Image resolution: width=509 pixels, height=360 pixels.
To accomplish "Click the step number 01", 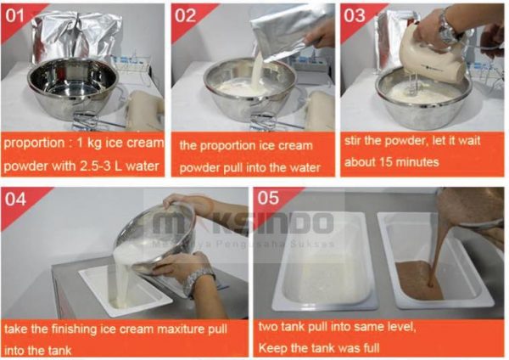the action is pos(14,15).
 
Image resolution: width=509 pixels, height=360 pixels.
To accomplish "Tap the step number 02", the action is pos(185,15).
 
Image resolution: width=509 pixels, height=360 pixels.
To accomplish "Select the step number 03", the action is pos(355,15).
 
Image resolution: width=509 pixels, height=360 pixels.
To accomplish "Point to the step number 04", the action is pos(15,199).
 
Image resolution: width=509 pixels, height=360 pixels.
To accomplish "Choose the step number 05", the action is pos(268,198).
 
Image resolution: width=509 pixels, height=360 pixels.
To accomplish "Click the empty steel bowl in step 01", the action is pos(73,87).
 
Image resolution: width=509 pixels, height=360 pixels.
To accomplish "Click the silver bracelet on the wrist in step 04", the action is pos(198,281).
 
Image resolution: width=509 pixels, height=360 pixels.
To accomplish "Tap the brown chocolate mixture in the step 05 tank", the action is pos(419,280).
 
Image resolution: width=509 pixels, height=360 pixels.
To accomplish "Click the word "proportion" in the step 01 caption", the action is pos(35,143).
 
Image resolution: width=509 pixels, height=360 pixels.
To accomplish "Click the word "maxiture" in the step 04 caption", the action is pos(181,329).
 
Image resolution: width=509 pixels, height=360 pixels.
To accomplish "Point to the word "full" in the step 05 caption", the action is pos(372,348).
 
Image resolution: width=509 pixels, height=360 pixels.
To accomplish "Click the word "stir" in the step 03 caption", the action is pos(353,141).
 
